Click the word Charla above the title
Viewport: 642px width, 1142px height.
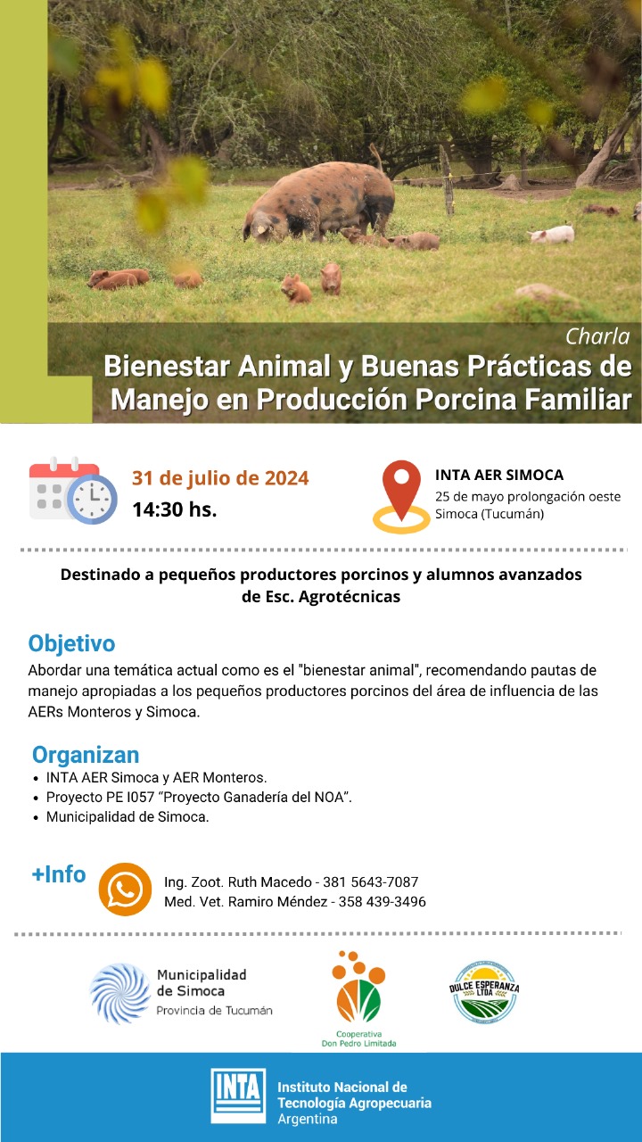(x=597, y=336)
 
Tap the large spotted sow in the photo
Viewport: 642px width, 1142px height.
(x=319, y=202)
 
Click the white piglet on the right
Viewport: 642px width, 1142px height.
(x=552, y=235)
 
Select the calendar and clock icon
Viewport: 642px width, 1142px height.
(x=73, y=490)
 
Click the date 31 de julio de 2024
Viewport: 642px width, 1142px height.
(x=220, y=478)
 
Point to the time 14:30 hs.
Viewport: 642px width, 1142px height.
(x=175, y=509)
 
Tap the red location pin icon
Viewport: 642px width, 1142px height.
(x=401, y=496)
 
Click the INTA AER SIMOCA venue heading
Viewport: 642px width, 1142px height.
(x=499, y=475)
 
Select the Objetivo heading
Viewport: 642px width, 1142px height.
(x=72, y=643)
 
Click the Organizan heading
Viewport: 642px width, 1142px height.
(x=86, y=755)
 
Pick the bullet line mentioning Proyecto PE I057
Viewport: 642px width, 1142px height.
(x=199, y=797)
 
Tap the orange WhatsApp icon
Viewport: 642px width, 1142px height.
(x=125, y=890)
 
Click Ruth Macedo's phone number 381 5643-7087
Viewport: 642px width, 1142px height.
(x=370, y=882)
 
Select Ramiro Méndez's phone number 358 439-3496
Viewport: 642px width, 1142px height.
(x=383, y=901)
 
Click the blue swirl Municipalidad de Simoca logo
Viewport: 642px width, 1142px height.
(x=120, y=994)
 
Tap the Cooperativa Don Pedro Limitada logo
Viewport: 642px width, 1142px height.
(x=358, y=998)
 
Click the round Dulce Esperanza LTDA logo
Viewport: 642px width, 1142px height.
(x=484, y=992)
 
